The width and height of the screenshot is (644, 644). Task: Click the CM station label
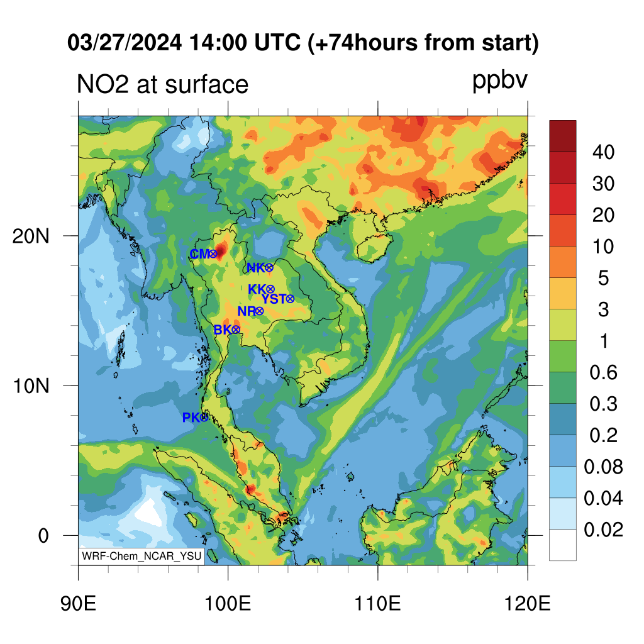pos(200,254)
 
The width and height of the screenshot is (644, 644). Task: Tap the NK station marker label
pos(257,268)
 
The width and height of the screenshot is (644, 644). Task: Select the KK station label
pos(257,289)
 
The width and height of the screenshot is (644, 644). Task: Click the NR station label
pos(247,311)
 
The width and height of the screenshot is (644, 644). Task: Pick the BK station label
pos(223,330)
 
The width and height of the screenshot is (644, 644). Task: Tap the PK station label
pos(191,418)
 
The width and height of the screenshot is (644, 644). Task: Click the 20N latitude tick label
pos(31,236)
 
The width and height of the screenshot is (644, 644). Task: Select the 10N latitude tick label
pos(31,386)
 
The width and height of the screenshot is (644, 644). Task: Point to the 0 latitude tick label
pos(43,536)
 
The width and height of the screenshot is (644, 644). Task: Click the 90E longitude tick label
pos(78,604)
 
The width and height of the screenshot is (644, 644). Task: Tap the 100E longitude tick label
pos(228,604)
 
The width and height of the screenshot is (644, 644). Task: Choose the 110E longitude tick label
pos(377,604)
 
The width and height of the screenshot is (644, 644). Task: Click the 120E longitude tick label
pos(527,604)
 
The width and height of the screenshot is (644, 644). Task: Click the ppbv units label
pos(500,80)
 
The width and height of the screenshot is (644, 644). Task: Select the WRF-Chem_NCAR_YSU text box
pos(142,556)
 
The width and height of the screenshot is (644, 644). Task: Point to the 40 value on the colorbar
pos(603,152)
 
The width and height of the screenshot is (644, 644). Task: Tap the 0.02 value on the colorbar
pos(603,530)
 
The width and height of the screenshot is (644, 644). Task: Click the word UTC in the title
pos(277,42)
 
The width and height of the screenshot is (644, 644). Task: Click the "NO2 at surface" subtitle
pos(163,84)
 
